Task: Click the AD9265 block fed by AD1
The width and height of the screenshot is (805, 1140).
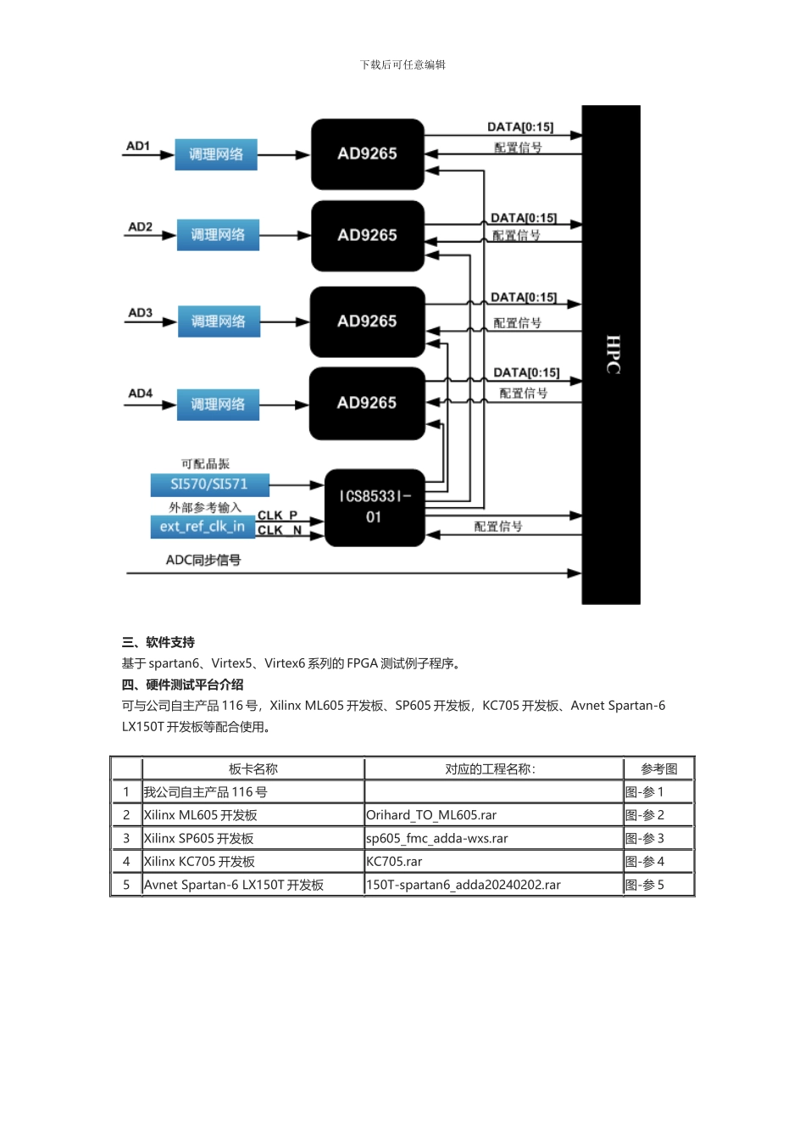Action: point(367,154)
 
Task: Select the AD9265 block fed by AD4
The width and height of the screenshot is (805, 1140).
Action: point(367,403)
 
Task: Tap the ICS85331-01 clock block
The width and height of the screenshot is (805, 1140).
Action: point(374,506)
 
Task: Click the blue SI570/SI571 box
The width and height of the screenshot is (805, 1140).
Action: point(209,484)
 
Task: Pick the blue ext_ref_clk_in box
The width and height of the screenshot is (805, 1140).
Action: point(202,527)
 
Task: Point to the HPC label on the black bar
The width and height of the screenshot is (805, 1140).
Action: point(613,355)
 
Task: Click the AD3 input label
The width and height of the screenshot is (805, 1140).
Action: point(140,313)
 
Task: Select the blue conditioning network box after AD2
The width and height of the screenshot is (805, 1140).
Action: point(218,235)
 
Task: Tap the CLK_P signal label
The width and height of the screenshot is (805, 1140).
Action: point(278,515)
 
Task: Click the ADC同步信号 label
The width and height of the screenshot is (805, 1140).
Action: point(203,560)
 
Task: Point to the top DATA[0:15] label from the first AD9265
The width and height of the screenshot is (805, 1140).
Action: point(520,127)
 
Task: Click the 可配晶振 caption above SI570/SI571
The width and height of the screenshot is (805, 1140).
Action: point(205,464)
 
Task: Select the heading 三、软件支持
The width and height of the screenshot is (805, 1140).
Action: point(158,642)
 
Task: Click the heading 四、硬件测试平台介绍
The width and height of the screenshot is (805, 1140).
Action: point(182,685)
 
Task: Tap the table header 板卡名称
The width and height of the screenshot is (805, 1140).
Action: point(253,769)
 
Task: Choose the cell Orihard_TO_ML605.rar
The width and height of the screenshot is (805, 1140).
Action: point(431,815)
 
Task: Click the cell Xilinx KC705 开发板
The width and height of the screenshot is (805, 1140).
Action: point(199,862)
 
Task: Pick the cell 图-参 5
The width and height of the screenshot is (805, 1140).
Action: point(645,885)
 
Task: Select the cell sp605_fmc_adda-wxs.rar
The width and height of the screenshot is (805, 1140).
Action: point(437,839)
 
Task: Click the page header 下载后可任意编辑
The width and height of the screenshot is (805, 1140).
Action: point(402,64)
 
